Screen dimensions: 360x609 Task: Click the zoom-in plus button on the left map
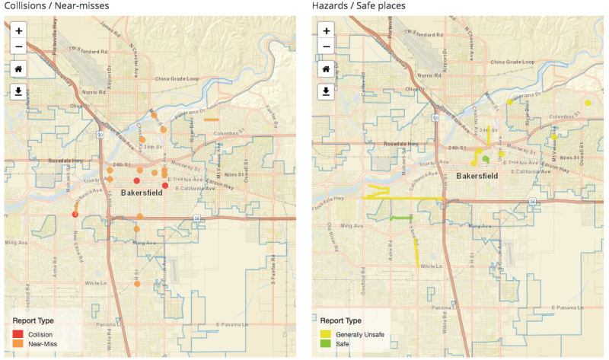pyautogui.click(x=19, y=30)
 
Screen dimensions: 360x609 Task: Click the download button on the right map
pyautogui.click(x=326, y=91)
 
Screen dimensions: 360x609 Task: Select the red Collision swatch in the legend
pyautogui.click(x=18, y=334)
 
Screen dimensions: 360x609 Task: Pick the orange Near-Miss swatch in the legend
pyautogui.click(x=18, y=344)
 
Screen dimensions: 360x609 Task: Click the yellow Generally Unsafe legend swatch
pyautogui.click(x=325, y=334)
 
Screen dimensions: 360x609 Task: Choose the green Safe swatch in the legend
pyautogui.click(x=325, y=344)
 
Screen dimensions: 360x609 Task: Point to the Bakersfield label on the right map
pyautogui.click(x=477, y=176)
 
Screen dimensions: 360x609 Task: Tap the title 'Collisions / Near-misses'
pyautogui.click(x=56, y=6)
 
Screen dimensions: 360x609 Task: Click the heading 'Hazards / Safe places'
pyautogui.click(x=359, y=6)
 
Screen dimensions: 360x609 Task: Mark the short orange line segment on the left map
pyautogui.click(x=212, y=119)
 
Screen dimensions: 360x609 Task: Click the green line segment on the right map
pyautogui.click(x=401, y=218)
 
